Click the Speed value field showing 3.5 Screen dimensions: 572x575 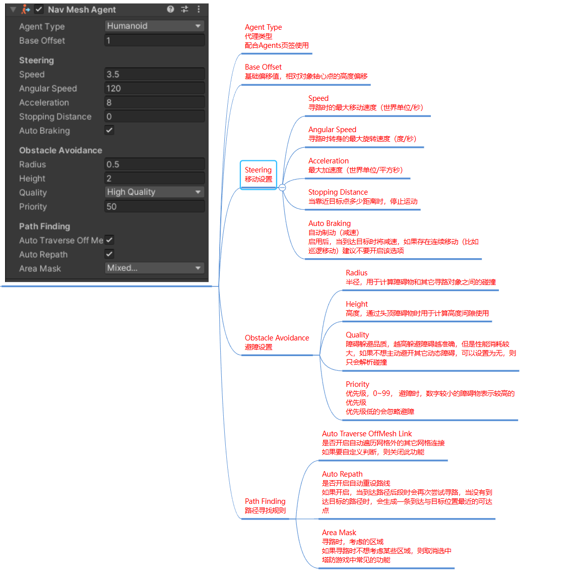click(x=154, y=74)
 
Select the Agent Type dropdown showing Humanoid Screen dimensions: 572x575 click(x=154, y=26)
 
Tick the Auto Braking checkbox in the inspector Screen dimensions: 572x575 click(x=109, y=130)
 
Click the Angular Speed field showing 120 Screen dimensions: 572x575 click(x=154, y=88)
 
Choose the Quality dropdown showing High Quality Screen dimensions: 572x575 click(x=154, y=192)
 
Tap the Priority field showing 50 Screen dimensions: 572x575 click(x=154, y=206)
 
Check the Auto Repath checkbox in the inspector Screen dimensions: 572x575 click(x=109, y=254)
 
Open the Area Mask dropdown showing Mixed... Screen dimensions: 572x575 click(x=154, y=268)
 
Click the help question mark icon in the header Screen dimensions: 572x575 click(x=170, y=9)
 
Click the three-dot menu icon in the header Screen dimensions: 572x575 click(x=199, y=9)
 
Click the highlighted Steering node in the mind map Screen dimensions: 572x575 click(x=259, y=175)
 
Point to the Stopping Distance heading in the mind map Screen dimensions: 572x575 click(x=338, y=192)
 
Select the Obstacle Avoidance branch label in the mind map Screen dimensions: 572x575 click(x=277, y=338)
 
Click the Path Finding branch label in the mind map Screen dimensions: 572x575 click(x=265, y=501)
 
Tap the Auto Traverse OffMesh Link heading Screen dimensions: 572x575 click(x=367, y=434)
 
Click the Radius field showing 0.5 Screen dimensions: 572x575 click(x=154, y=164)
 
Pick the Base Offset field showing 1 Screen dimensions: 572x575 click(x=154, y=40)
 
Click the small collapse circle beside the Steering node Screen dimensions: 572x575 click(x=282, y=187)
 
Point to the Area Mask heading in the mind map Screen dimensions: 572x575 click(x=339, y=533)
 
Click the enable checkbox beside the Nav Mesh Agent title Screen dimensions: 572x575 click(x=39, y=9)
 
